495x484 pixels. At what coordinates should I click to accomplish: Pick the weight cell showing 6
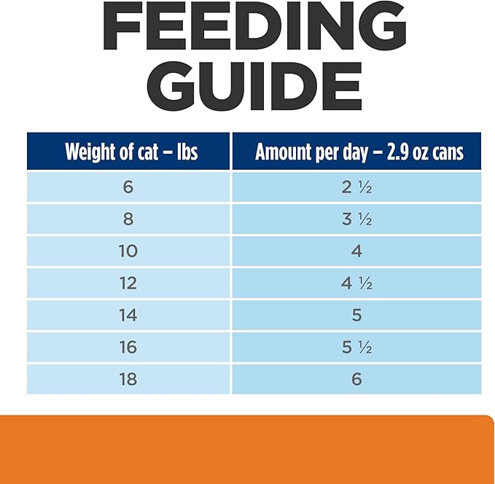(x=128, y=187)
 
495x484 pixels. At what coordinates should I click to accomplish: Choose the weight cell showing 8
(x=128, y=219)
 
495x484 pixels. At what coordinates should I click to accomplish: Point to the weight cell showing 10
(x=128, y=251)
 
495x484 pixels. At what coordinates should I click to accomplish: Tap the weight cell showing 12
(x=128, y=283)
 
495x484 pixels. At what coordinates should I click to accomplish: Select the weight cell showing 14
(x=128, y=315)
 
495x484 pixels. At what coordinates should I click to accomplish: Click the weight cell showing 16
(x=128, y=347)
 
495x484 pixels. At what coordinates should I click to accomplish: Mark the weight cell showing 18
(x=128, y=379)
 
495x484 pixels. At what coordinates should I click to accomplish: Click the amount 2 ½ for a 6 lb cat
(x=356, y=187)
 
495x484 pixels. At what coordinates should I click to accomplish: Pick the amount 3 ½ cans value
(x=356, y=219)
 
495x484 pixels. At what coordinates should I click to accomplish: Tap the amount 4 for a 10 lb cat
(x=356, y=251)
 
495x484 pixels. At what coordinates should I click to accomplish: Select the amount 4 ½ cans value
(x=356, y=283)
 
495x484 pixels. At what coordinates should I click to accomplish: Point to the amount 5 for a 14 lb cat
(x=356, y=315)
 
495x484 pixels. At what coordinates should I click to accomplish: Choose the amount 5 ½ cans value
(x=356, y=347)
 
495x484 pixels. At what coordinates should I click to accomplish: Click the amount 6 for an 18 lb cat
(x=356, y=379)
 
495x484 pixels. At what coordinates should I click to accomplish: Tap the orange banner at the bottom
(x=247, y=449)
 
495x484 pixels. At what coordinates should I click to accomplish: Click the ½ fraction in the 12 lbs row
(x=365, y=284)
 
